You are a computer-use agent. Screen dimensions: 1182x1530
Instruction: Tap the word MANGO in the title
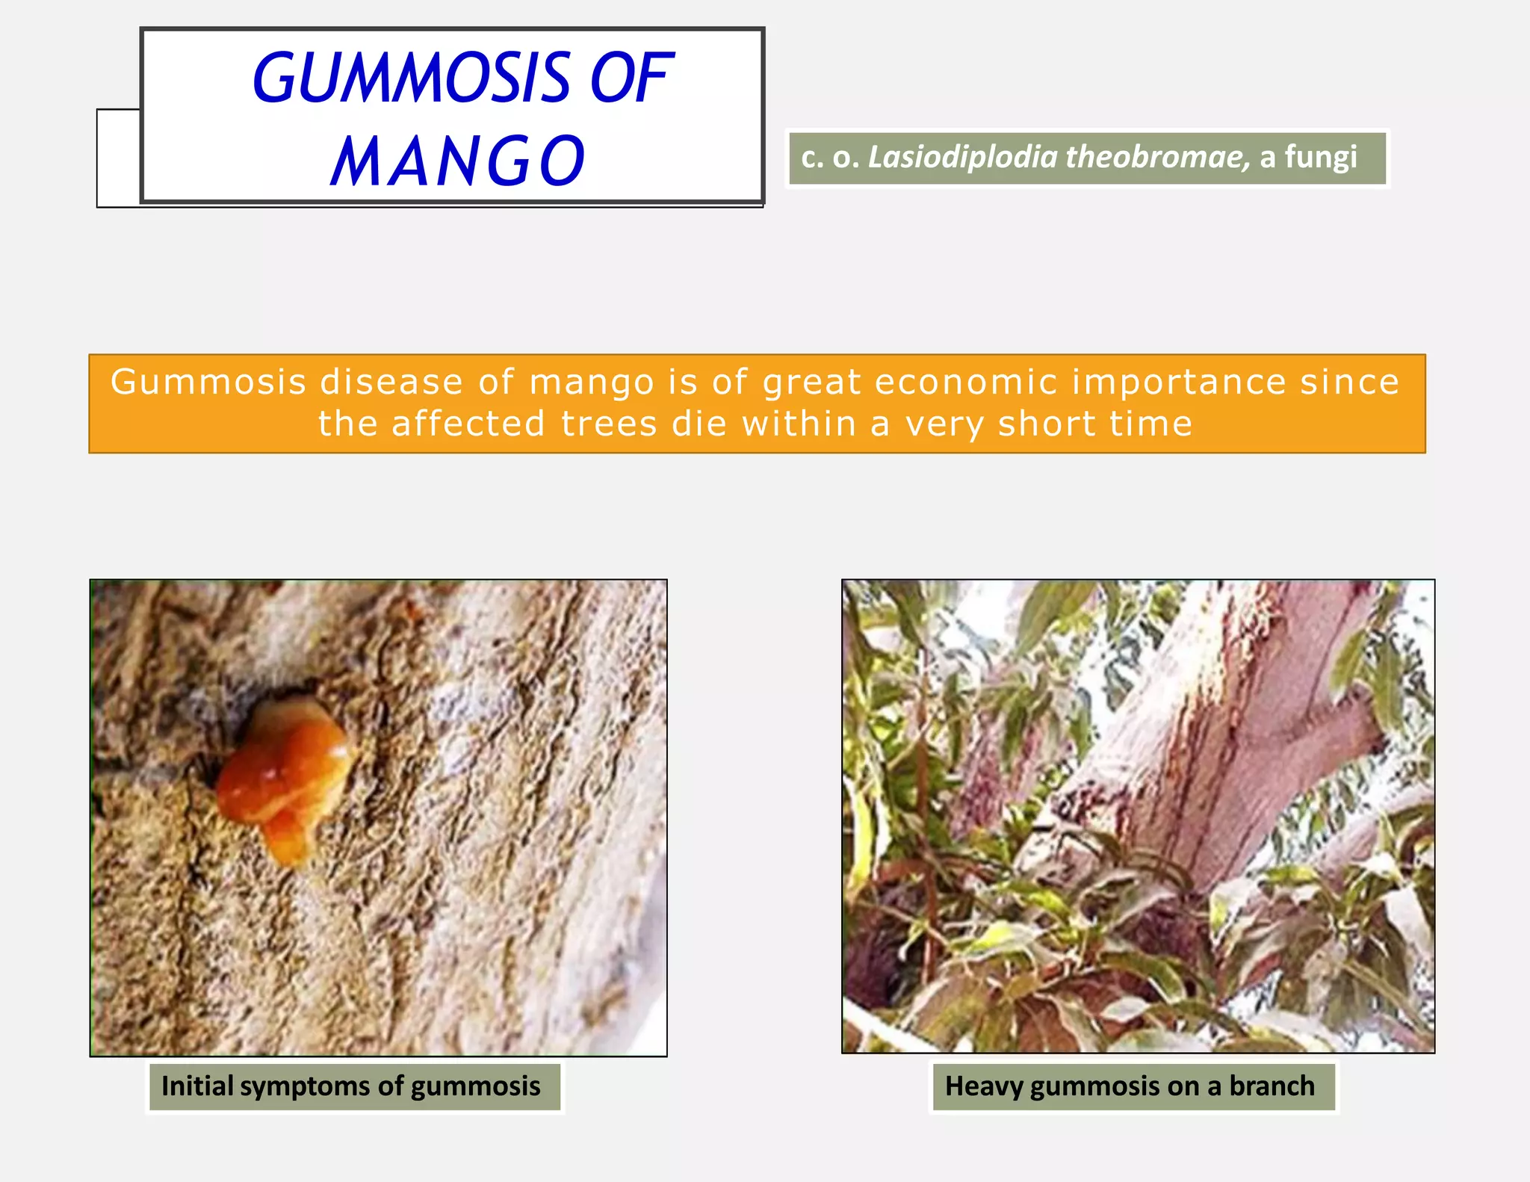(x=458, y=161)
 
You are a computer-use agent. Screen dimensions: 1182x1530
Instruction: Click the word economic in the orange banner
(x=965, y=383)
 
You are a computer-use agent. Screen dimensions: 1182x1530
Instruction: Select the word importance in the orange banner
(x=1179, y=383)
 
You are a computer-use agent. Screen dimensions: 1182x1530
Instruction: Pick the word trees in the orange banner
(x=608, y=424)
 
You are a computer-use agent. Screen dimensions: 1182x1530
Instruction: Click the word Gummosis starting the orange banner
(x=208, y=383)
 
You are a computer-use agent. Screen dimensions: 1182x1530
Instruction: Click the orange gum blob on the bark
(x=288, y=770)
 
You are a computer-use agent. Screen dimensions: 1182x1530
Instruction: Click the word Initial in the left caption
(x=198, y=1086)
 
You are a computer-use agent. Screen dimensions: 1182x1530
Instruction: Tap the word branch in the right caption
(x=1272, y=1086)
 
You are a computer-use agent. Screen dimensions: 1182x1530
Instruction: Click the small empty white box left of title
(x=118, y=158)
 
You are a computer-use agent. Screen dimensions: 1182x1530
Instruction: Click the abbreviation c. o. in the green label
(x=830, y=158)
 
